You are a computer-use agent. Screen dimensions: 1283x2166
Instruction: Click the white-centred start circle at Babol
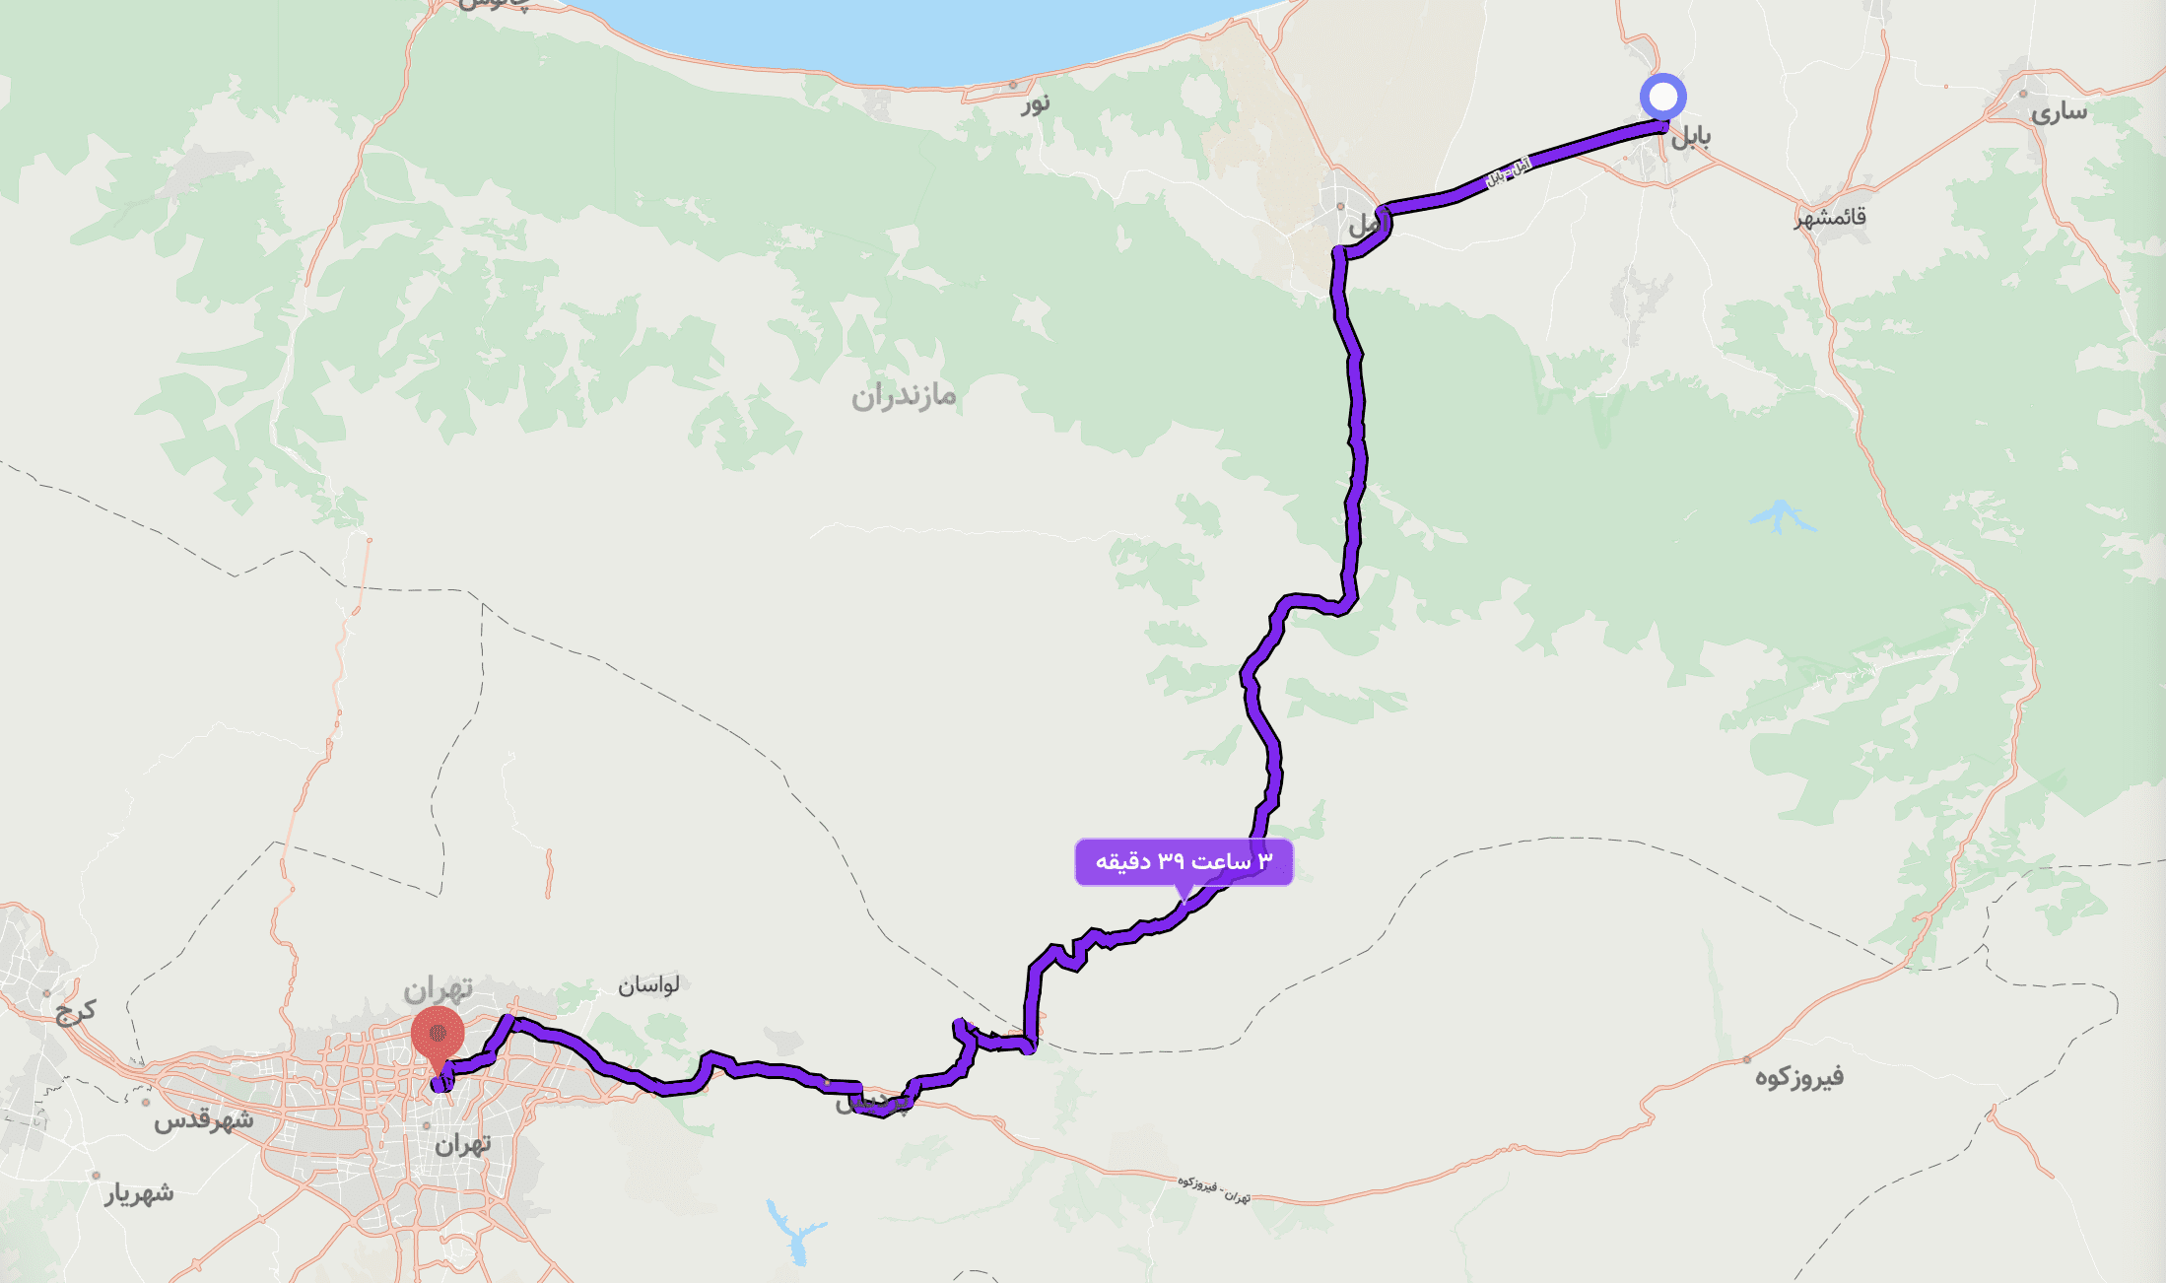(1662, 98)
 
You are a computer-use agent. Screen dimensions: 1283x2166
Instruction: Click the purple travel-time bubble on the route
(1183, 862)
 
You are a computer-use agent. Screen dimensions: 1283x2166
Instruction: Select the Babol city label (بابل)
(1690, 136)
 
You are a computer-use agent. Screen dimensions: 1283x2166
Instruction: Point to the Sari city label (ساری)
(2059, 112)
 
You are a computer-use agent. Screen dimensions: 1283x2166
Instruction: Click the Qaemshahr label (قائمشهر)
(1830, 217)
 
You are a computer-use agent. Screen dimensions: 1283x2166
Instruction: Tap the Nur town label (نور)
(1035, 102)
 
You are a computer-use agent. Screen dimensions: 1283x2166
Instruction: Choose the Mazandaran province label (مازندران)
(904, 396)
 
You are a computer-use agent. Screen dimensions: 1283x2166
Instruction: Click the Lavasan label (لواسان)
(648, 984)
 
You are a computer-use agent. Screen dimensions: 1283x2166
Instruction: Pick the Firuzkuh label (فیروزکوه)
(1798, 1076)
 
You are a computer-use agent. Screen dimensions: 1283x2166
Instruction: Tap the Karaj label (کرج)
(76, 1011)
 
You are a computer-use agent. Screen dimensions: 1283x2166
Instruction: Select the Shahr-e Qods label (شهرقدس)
(203, 1120)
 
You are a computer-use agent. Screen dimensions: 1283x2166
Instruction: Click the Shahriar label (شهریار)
(140, 1193)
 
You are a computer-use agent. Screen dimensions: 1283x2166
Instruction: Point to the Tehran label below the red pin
(462, 1144)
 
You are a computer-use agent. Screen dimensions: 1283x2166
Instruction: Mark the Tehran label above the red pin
(438, 987)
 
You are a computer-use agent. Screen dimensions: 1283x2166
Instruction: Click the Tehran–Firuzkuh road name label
(1214, 1188)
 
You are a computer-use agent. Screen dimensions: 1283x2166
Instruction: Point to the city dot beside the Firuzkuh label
(1747, 1060)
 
